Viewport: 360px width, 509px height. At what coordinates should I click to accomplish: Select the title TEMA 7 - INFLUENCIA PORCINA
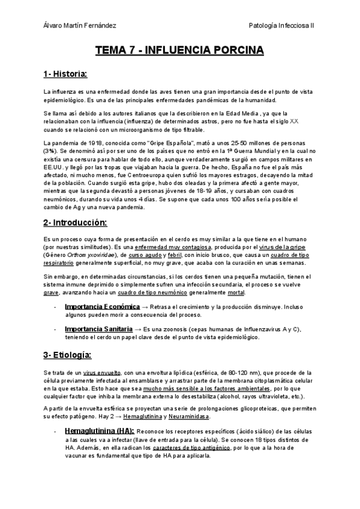[179, 51]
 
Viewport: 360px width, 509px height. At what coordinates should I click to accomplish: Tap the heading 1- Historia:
[65, 74]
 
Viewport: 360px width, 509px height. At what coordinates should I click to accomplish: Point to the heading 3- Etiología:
[67, 355]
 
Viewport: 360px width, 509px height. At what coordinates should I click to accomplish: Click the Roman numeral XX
[293, 121]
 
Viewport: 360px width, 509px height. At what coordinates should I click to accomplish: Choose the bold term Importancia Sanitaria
[98, 329]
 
